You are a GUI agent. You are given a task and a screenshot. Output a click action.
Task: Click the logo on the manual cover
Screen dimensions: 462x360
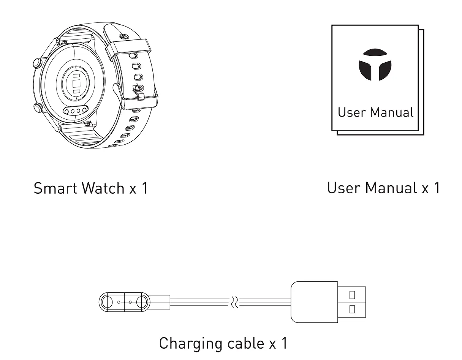point(375,65)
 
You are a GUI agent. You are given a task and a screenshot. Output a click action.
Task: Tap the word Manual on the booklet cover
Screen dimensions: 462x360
point(392,112)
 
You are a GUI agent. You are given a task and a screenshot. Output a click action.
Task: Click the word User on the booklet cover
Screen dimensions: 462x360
point(352,112)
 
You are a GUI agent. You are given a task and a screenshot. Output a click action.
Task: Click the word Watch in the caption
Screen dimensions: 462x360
point(103,188)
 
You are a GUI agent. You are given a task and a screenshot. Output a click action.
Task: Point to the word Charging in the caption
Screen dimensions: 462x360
point(191,344)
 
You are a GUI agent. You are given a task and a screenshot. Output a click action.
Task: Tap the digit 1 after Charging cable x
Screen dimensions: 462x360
point(283,343)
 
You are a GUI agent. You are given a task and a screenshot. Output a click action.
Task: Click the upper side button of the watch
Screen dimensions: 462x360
point(38,62)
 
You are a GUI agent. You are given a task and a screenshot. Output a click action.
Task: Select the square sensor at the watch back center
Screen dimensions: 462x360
point(76,84)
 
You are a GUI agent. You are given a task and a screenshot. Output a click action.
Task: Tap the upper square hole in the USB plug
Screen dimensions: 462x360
point(352,295)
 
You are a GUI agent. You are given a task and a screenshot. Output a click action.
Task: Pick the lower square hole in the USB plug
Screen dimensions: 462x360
point(352,309)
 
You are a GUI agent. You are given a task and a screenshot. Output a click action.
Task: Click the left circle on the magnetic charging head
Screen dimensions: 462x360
point(107,303)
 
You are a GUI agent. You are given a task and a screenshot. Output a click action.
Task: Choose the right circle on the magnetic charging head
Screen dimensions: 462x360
point(141,303)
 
